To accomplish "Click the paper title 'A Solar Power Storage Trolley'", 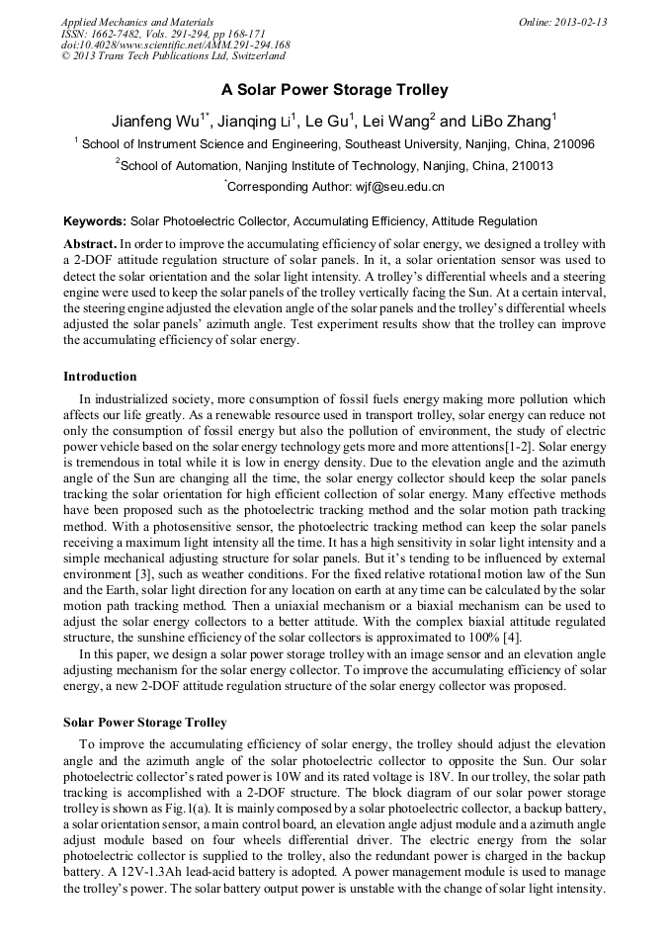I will (334, 90).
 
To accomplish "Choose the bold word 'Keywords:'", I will (95, 221).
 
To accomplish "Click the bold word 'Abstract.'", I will (90, 243).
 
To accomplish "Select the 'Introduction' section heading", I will (100, 377).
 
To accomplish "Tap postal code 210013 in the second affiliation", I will (529, 166).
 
